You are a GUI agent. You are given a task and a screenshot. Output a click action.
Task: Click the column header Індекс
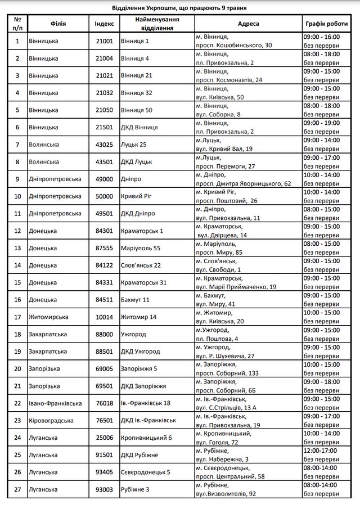tap(104, 24)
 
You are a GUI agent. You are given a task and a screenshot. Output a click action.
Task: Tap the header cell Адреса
tap(248, 24)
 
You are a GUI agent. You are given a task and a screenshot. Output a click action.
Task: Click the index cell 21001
tap(104, 41)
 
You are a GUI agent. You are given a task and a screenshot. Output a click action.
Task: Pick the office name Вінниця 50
tap(137, 110)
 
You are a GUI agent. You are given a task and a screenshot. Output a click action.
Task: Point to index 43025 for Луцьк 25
tap(104, 145)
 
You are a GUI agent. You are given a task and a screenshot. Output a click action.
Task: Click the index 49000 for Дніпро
tap(104, 179)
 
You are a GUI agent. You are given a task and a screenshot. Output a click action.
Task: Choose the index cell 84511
tap(104, 300)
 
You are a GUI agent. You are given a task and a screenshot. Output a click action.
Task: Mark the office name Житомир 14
tap(138, 317)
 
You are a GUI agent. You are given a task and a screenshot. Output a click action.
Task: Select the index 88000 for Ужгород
tap(104, 334)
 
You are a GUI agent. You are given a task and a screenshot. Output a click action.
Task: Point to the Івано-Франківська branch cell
tap(55, 403)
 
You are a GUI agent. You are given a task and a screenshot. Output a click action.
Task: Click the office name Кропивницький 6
tap(146, 438)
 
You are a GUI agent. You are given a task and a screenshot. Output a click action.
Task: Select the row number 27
tap(17, 489)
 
